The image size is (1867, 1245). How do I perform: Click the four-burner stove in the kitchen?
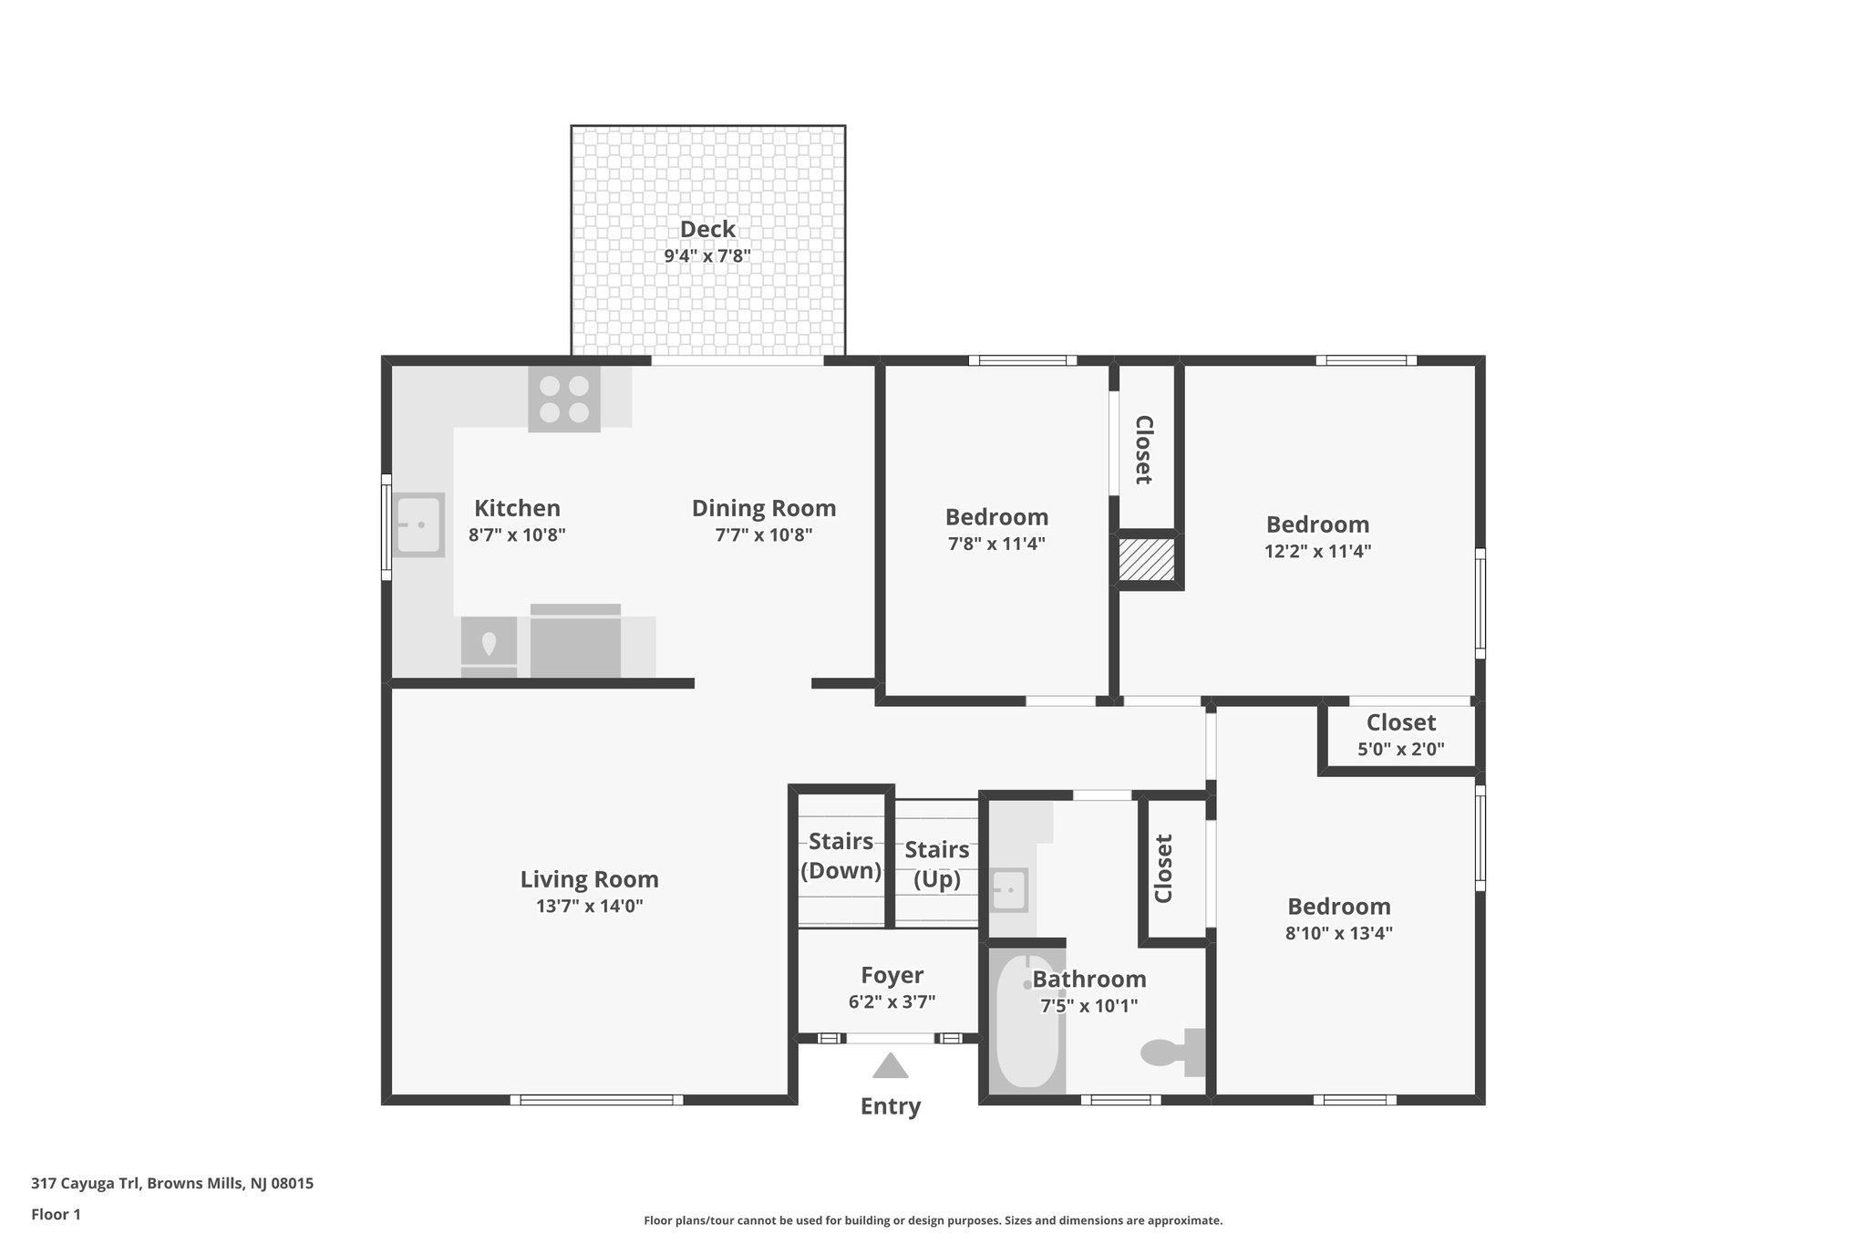564,399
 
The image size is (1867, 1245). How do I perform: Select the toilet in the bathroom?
1174,1053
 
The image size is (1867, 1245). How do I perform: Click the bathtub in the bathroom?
1027,1021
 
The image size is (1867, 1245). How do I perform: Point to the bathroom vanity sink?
1009,890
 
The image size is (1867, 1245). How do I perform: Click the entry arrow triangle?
890,1066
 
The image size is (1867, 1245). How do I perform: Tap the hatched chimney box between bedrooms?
1146,560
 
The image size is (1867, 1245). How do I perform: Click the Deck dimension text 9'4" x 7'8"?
707,256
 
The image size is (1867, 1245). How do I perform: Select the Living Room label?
589,879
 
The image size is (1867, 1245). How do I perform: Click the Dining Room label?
763,508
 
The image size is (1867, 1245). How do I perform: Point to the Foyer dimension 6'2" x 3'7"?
892,1001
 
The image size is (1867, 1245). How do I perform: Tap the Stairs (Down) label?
841,856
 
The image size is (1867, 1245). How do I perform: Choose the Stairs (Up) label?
936,864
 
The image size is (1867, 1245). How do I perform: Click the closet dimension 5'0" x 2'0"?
1400,750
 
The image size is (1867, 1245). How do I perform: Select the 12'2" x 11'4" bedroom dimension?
1318,551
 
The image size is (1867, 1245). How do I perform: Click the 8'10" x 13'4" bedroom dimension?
1338,933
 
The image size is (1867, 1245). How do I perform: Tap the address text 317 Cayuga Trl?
172,1184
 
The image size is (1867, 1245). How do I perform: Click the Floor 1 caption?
56,1214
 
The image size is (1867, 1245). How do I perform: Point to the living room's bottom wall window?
596,1100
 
